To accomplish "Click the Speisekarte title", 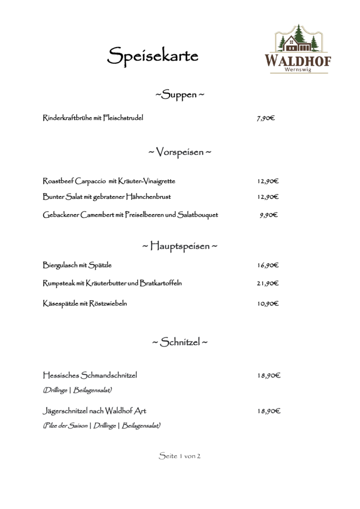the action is click(153, 56).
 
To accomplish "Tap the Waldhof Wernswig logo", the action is click(298, 49).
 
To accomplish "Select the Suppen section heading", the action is click(180, 95).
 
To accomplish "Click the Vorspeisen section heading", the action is click(180, 152).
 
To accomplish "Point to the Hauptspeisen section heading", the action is click(180, 246).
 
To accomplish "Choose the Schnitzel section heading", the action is click(180, 342).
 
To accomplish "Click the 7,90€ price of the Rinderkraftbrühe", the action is click(266, 118).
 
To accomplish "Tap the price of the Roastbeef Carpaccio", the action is click(268, 181).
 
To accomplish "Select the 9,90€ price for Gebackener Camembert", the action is click(269, 215).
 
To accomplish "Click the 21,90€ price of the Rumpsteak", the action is click(268, 283).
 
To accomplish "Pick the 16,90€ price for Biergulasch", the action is click(268, 265).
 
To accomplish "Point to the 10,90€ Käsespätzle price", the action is click(268, 304).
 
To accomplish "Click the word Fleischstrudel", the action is click(123, 118).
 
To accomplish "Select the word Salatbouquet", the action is click(198, 215).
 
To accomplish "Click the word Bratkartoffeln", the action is click(161, 283).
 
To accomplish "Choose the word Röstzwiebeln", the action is click(108, 304).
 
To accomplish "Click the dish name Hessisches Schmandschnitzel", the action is click(90, 375).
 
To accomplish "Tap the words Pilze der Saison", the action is click(65, 425).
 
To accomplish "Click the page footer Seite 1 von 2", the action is click(180, 456).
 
